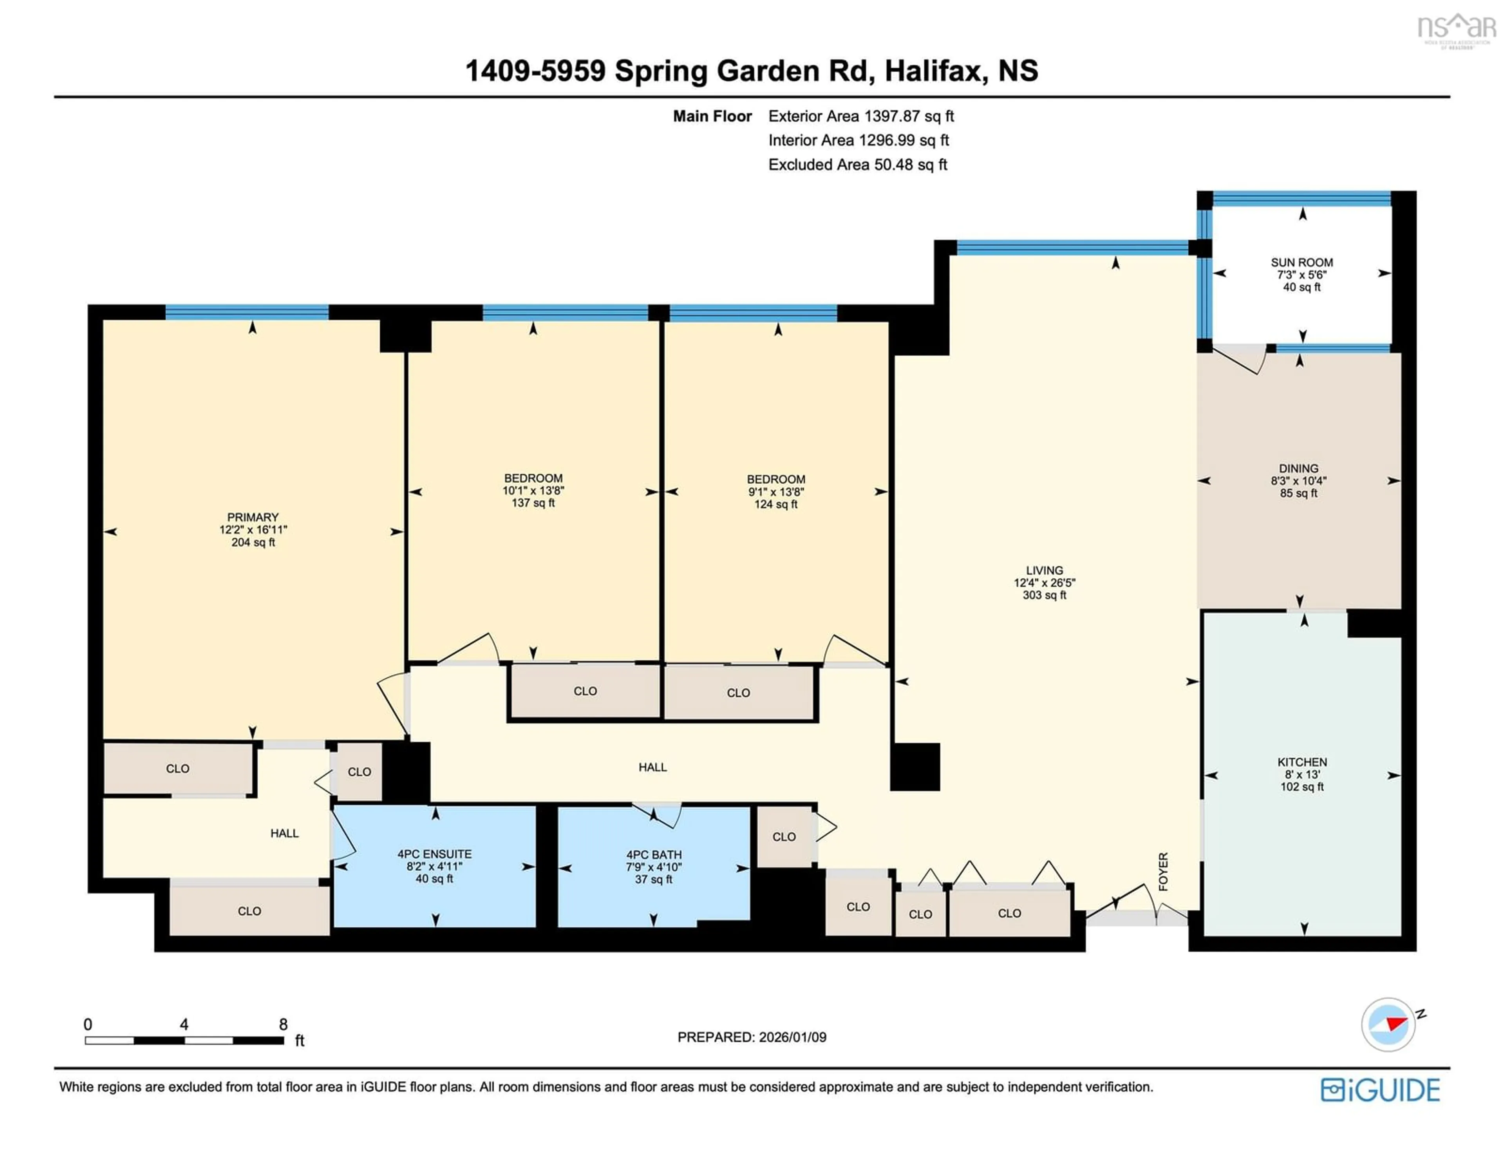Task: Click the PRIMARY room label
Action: pyautogui.click(x=253, y=517)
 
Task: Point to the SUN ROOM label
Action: pyautogui.click(x=1302, y=262)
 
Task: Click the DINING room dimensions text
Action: pyautogui.click(x=1299, y=481)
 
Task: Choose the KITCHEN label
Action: pyautogui.click(x=1302, y=762)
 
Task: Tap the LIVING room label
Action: pyautogui.click(x=1044, y=570)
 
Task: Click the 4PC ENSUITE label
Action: pyautogui.click(x=434, y=854)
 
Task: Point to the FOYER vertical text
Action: pyautogui.click(x=1163, y=871)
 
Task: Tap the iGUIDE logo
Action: pyautogui.click(x=1380, y=1090)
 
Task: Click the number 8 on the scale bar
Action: pyautogui.click(x=283, y=1024)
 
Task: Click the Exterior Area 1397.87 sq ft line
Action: pyautogui.click(x=861, y=116)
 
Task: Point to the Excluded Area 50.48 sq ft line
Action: pyautogui.click(x=857, y=165)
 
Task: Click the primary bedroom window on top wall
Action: pyautogui.click(x=246, y=312)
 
